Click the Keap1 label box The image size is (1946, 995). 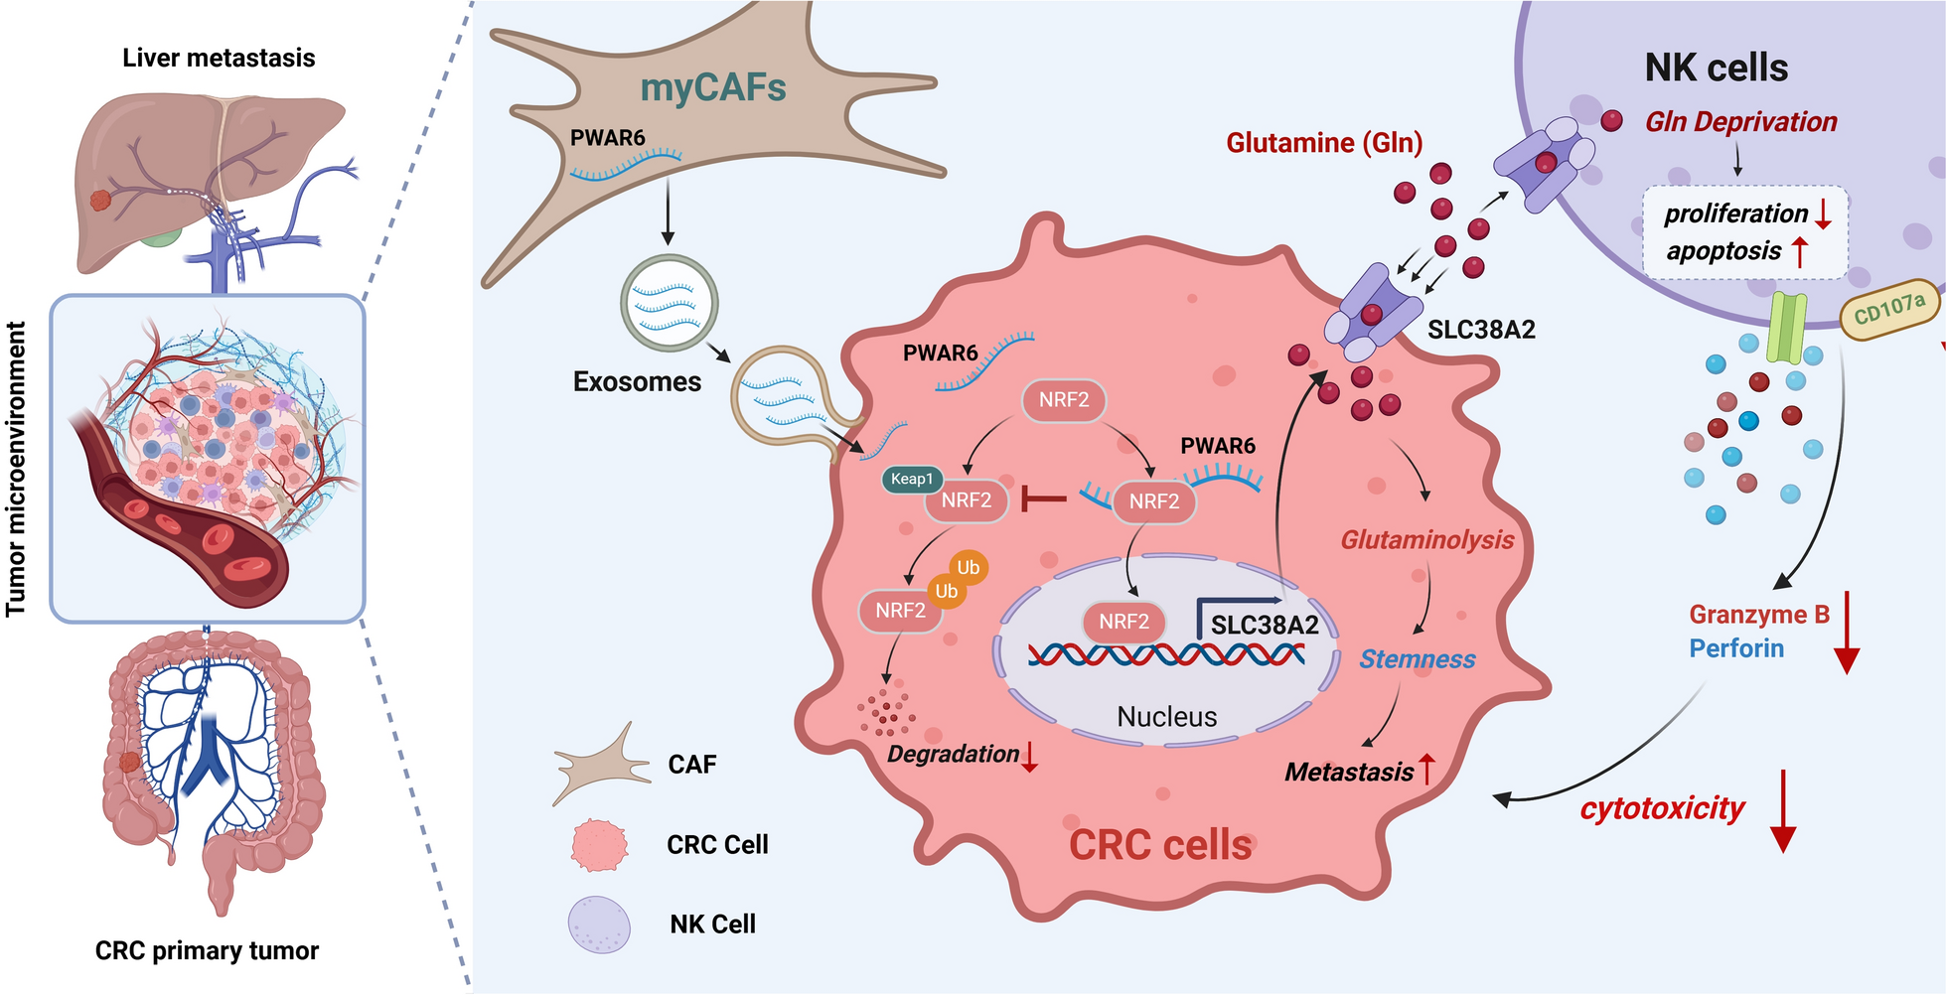click(911, 480)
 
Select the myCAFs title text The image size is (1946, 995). click(713, 88)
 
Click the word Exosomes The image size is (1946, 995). click(637, 382)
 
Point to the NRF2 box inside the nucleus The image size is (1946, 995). click(1123, 622)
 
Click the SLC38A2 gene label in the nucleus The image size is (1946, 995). click(1265, 625)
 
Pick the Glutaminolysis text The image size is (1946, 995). click(1426, 540)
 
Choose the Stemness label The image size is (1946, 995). click(1417, 659)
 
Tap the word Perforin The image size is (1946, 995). click(1736, 649)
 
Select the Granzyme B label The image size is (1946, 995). click(1759, 615)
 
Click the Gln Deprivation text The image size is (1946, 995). click(1740, 122)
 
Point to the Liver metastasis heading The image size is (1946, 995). click(219, 59)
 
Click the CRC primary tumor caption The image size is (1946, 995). click(207, 951)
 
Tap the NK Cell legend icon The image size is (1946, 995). click(599, 924)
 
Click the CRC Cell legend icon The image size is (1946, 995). click(599, 845)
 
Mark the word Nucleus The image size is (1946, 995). click(1166, 717)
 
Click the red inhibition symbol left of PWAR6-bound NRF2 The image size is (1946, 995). click(1043, 499)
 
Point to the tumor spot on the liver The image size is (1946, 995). click(101, 201)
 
